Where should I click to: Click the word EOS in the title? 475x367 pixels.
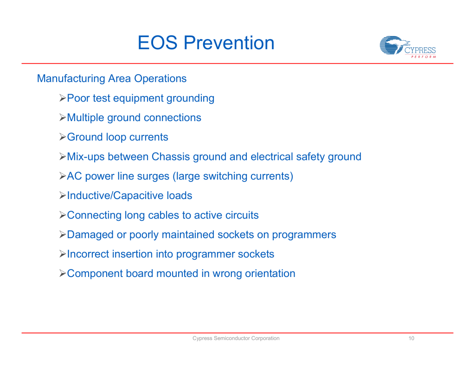158,43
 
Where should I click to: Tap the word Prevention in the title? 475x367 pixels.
229,43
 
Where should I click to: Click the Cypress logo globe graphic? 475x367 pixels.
392,45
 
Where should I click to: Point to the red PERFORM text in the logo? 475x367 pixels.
424,57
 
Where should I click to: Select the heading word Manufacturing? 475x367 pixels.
71,78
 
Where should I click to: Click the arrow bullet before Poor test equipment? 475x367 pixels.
63,98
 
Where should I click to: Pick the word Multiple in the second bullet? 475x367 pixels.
85,117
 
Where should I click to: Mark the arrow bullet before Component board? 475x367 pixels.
63,273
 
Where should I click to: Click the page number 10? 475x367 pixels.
411,338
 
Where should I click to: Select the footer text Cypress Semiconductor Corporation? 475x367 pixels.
236,338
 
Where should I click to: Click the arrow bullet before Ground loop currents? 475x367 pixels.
63,137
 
